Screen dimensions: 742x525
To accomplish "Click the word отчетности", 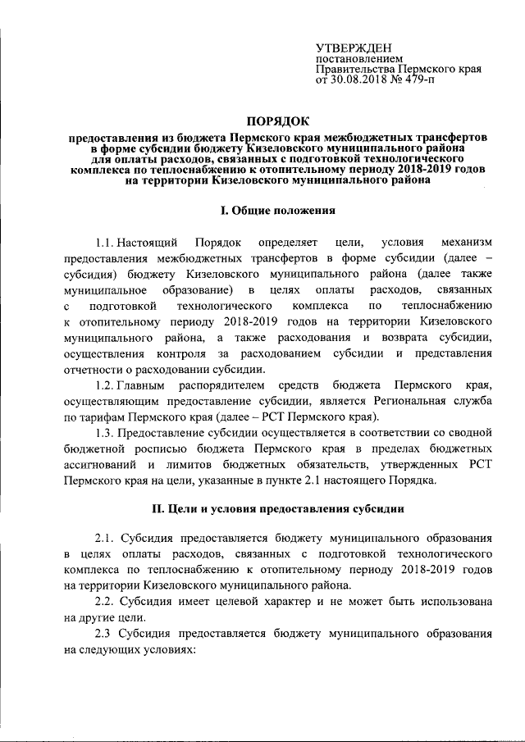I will click(94, 369).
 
